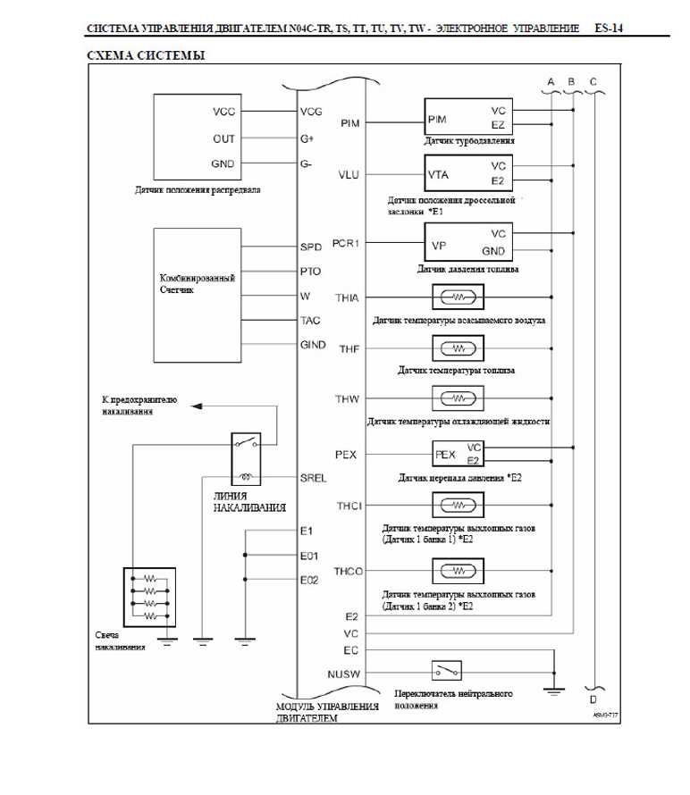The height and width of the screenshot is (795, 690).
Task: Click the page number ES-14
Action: (x=608, y=29)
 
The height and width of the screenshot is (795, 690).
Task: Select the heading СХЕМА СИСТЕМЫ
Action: (x=146, y=55)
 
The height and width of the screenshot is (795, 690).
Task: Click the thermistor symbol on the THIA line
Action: (x=457, y=297)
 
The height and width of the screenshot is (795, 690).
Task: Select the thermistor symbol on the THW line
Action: (x=457, y=397)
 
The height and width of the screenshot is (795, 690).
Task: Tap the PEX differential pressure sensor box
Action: (x=459, y=454)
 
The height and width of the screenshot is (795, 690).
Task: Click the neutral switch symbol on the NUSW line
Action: (x=446, y=669)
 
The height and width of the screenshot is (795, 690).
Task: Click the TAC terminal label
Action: (x=311, y=320)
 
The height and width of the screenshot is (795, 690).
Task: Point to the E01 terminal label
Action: (x=310, y=555)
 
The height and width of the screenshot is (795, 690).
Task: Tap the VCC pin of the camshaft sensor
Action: (x=224, y=113)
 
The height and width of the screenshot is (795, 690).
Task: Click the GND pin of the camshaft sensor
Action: (x=224, y=165)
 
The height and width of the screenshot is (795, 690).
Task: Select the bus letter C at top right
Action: (x=593, y=82)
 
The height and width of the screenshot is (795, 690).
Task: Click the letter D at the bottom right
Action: (x=593, y=699)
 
